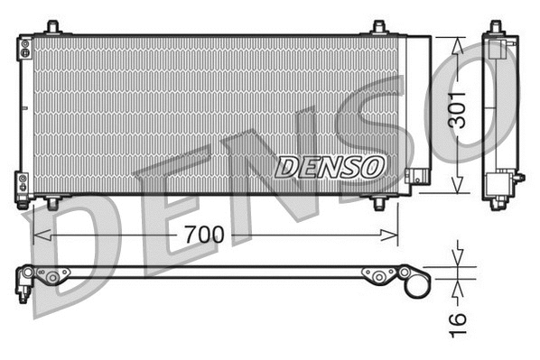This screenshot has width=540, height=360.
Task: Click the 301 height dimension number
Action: click(x=461, y=109)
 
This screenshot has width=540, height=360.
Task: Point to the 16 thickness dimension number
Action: click(x=458, y=319)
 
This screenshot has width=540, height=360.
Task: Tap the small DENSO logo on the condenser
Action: click(x=331, y=166)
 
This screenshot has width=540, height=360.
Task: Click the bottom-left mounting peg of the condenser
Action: click(x=52, y=204)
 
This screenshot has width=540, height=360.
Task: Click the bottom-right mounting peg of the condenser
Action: click(x=379, y=204)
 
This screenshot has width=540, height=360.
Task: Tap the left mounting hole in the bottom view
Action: click(x=54, y=276)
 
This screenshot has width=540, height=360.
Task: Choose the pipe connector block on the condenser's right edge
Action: click(x=416, y=177)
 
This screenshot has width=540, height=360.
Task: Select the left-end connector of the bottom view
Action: click(x=23, y=281)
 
